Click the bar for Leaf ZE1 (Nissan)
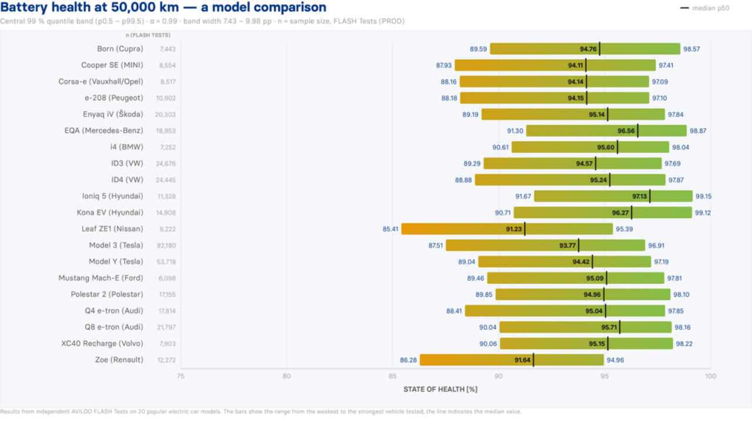click(x=507, y=229)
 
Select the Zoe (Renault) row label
click(x=119, y=360)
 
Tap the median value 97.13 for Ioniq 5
click(x=639, y=196)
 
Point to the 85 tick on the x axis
click(x=392, y=377)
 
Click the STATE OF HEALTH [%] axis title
click(x=441, y=390)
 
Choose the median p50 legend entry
click(x=704, y=8)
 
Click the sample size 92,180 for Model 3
click(x=166, y=246)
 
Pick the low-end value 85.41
click(x=391, y=229)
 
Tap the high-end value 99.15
click(x=703, y=196)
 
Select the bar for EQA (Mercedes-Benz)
click(x=606, y=130)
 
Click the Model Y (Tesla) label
click(x=116, y=261)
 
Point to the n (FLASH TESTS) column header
click(x=148, y=35)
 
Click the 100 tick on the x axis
click(x=710, y=377)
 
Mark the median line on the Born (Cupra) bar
click(x=600, y=49)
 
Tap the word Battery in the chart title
click(x=24, y=8)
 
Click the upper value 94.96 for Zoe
click(x=615, y=360)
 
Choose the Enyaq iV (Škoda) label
click(x=113, y=114)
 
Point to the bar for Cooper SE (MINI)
click(x=555, y=65)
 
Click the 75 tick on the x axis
click(x=180, y=377)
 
